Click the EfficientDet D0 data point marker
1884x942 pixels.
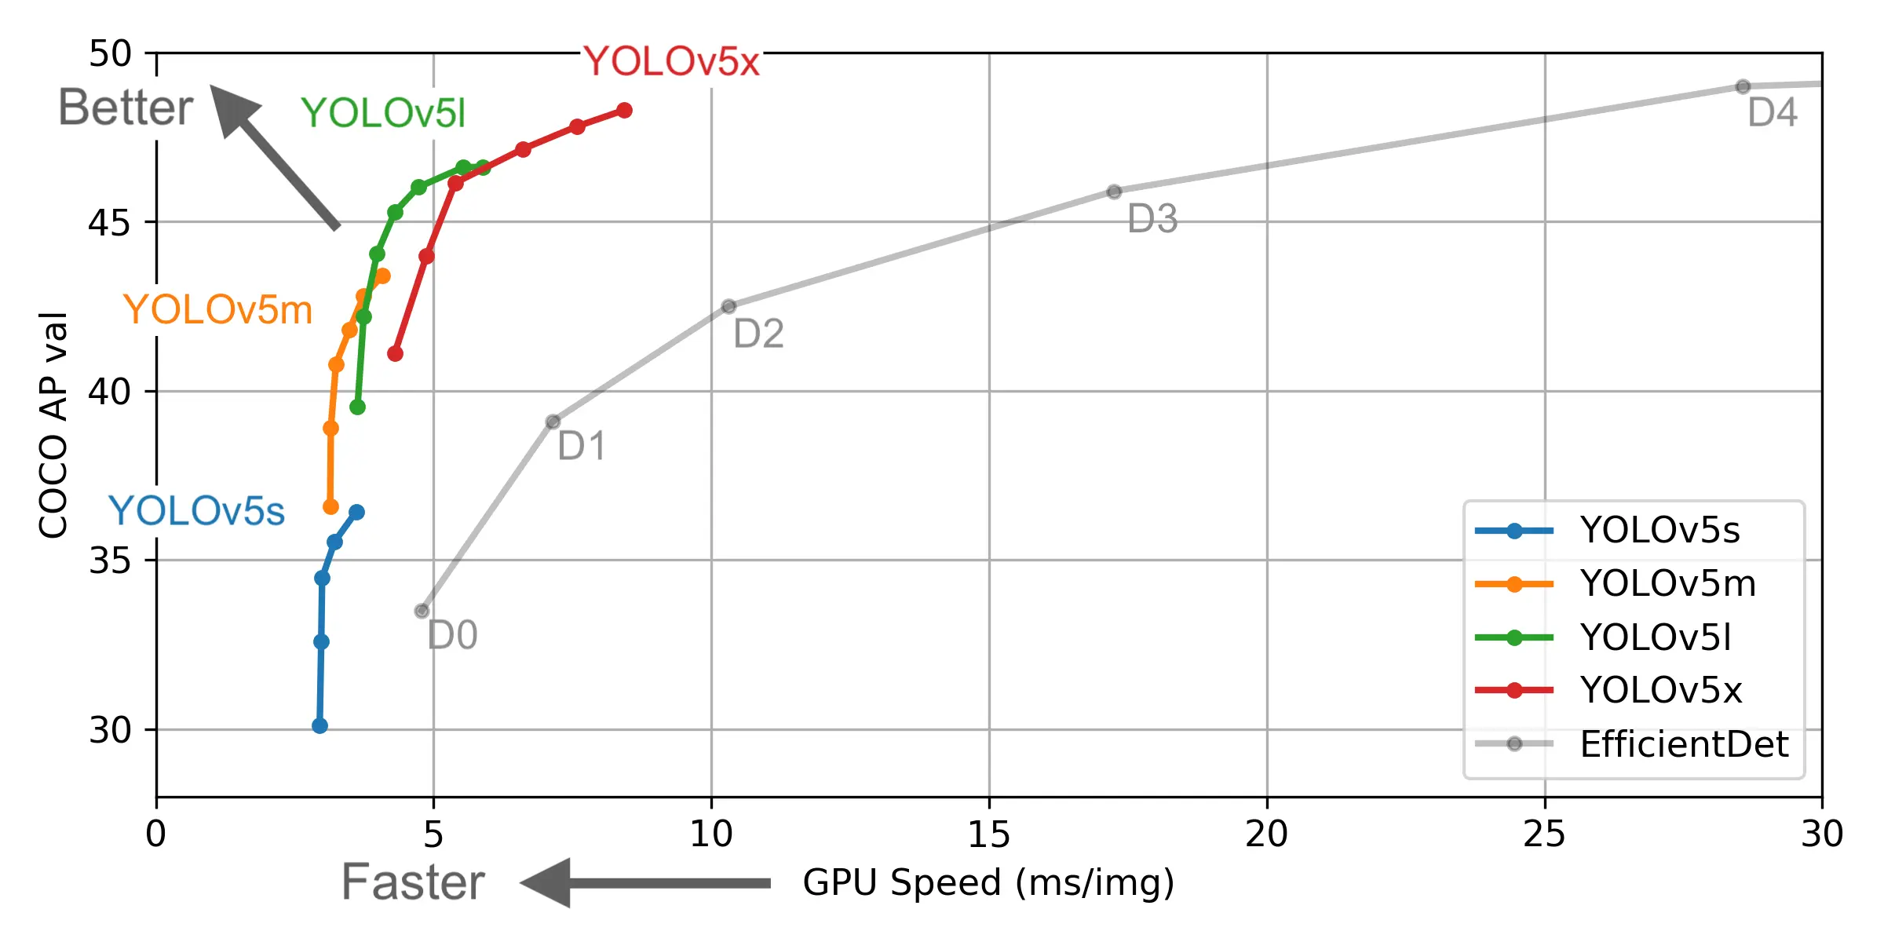point(422,611)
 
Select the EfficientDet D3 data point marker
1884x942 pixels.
point(1114,192)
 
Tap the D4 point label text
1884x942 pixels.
point(1773,113)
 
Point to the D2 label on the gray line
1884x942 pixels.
point(758,334)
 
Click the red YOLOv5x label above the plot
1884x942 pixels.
point(671,61)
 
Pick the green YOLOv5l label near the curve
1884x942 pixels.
point(383,113)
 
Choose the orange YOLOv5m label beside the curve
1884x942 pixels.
point(217,309)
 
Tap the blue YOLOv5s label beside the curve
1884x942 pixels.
point(196,511)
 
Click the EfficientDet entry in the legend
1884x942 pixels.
point(1684,743)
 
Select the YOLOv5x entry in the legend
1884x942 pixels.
point(1660,690)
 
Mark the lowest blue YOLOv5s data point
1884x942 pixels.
point(319,726)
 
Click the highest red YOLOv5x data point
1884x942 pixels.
point(624,111)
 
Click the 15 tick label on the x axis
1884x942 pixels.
point(988,834)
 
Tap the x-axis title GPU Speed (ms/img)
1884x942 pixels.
point(988,882)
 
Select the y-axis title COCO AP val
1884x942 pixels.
point(53,425)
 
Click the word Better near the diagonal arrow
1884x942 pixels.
point(126,108)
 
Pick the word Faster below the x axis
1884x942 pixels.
point(413,882)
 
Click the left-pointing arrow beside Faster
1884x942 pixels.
point(644,883)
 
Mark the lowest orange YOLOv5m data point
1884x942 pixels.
point(330,507)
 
